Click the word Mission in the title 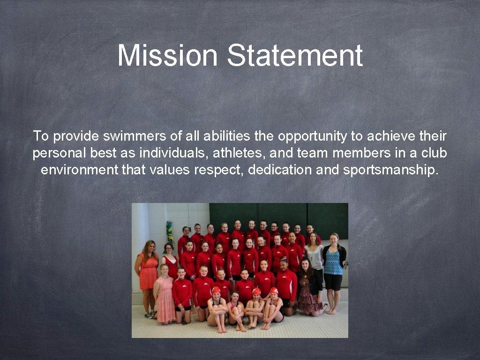tap(167, 55)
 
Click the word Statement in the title tap(295, 55)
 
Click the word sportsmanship tap(391, 170)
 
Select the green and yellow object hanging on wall tap(170, 232)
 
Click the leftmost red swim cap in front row tap(216, 290)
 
